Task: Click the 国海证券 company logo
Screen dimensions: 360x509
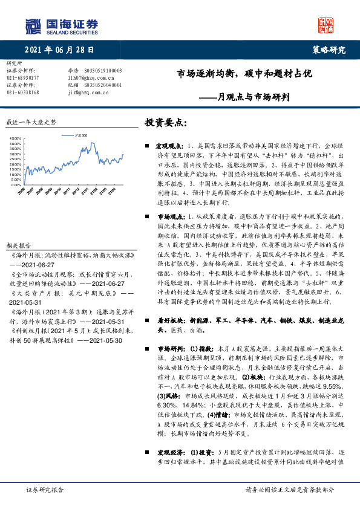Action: [x=61, y=25]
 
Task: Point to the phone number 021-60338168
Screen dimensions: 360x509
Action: [x=22, y=92]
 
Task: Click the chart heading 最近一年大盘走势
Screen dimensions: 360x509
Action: [x=31, y=122]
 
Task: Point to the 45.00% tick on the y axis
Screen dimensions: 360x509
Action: [x=15, y=138]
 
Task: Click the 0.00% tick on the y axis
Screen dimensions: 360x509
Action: [x=16, y=184]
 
